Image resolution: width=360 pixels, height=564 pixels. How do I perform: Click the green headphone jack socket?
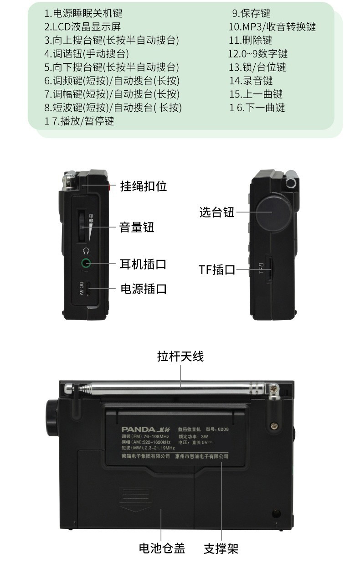(x=86, y=263)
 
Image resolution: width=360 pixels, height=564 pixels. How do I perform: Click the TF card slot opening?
(x=269, y=269)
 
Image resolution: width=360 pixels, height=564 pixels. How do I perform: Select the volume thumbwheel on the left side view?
(x=82, y=226)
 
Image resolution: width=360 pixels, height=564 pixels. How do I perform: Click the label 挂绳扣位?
(x=144, y=186)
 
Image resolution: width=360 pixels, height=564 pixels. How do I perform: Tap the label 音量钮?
(x=137, y=227)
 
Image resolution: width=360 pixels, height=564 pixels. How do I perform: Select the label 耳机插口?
(x=143, y=264)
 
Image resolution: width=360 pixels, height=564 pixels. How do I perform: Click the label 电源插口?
(x=144, y=289)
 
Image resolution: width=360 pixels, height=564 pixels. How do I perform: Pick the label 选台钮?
(x=217, y=212)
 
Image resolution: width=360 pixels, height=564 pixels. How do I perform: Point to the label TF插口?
(x=216, y=269)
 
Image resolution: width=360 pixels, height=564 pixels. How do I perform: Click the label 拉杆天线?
(x=180, y=356)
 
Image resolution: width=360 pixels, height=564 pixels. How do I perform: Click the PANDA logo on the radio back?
(x=139, y=429)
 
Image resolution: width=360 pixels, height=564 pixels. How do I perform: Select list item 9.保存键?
(x=251, y=13)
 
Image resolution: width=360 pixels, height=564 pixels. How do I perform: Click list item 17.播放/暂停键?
(x=79, y=121)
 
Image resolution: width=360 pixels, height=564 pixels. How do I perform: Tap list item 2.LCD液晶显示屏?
(x=82, y=27)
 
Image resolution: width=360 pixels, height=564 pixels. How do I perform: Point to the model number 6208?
(x=223, y=429)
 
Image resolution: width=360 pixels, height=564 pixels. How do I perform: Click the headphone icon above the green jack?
(x=86, y=251)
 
